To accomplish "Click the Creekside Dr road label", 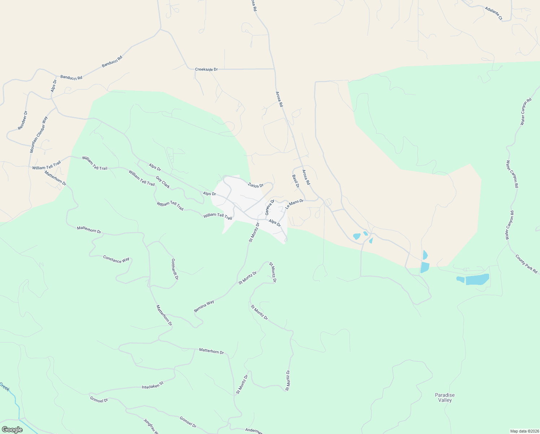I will pyautogui.click(x=206, y=69).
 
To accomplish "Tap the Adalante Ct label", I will pyautogui.click(x=493, y=13).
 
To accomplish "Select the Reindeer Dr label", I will pyautogui.click(x=23, y=120).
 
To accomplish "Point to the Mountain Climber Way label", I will pyautogui.click(x=39, y=134).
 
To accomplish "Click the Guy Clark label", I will pyautogui.click(x=163, y=182).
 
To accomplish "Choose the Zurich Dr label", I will pyautogui.click(x=256, y=185).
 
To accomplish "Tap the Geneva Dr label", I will pyautogui.click(x=270, y=207).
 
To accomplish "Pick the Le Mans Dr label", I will pyautogui.click(x=295, y=204).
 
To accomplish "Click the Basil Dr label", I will pyautogui.click(x=296, y=181).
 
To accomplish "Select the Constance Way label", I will pyautogui.click(x=116, y=259).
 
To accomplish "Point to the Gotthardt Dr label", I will pyautogui.click(x=175, y=269).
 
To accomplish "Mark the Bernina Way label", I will pyautogui.click(x=204, y=306).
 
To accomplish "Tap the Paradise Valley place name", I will pyautogui.click(x=445, y=397).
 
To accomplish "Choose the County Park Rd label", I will pyautogui.click(x=526, y=264).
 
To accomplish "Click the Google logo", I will pyautogui.click(x=12, y=430).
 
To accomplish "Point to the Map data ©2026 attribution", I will pyautogui.click(x=524, y=431).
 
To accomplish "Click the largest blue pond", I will pyautogui.click(x=477, y=279).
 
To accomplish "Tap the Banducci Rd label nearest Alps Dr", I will pyautogui.click(x=71, y=77).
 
